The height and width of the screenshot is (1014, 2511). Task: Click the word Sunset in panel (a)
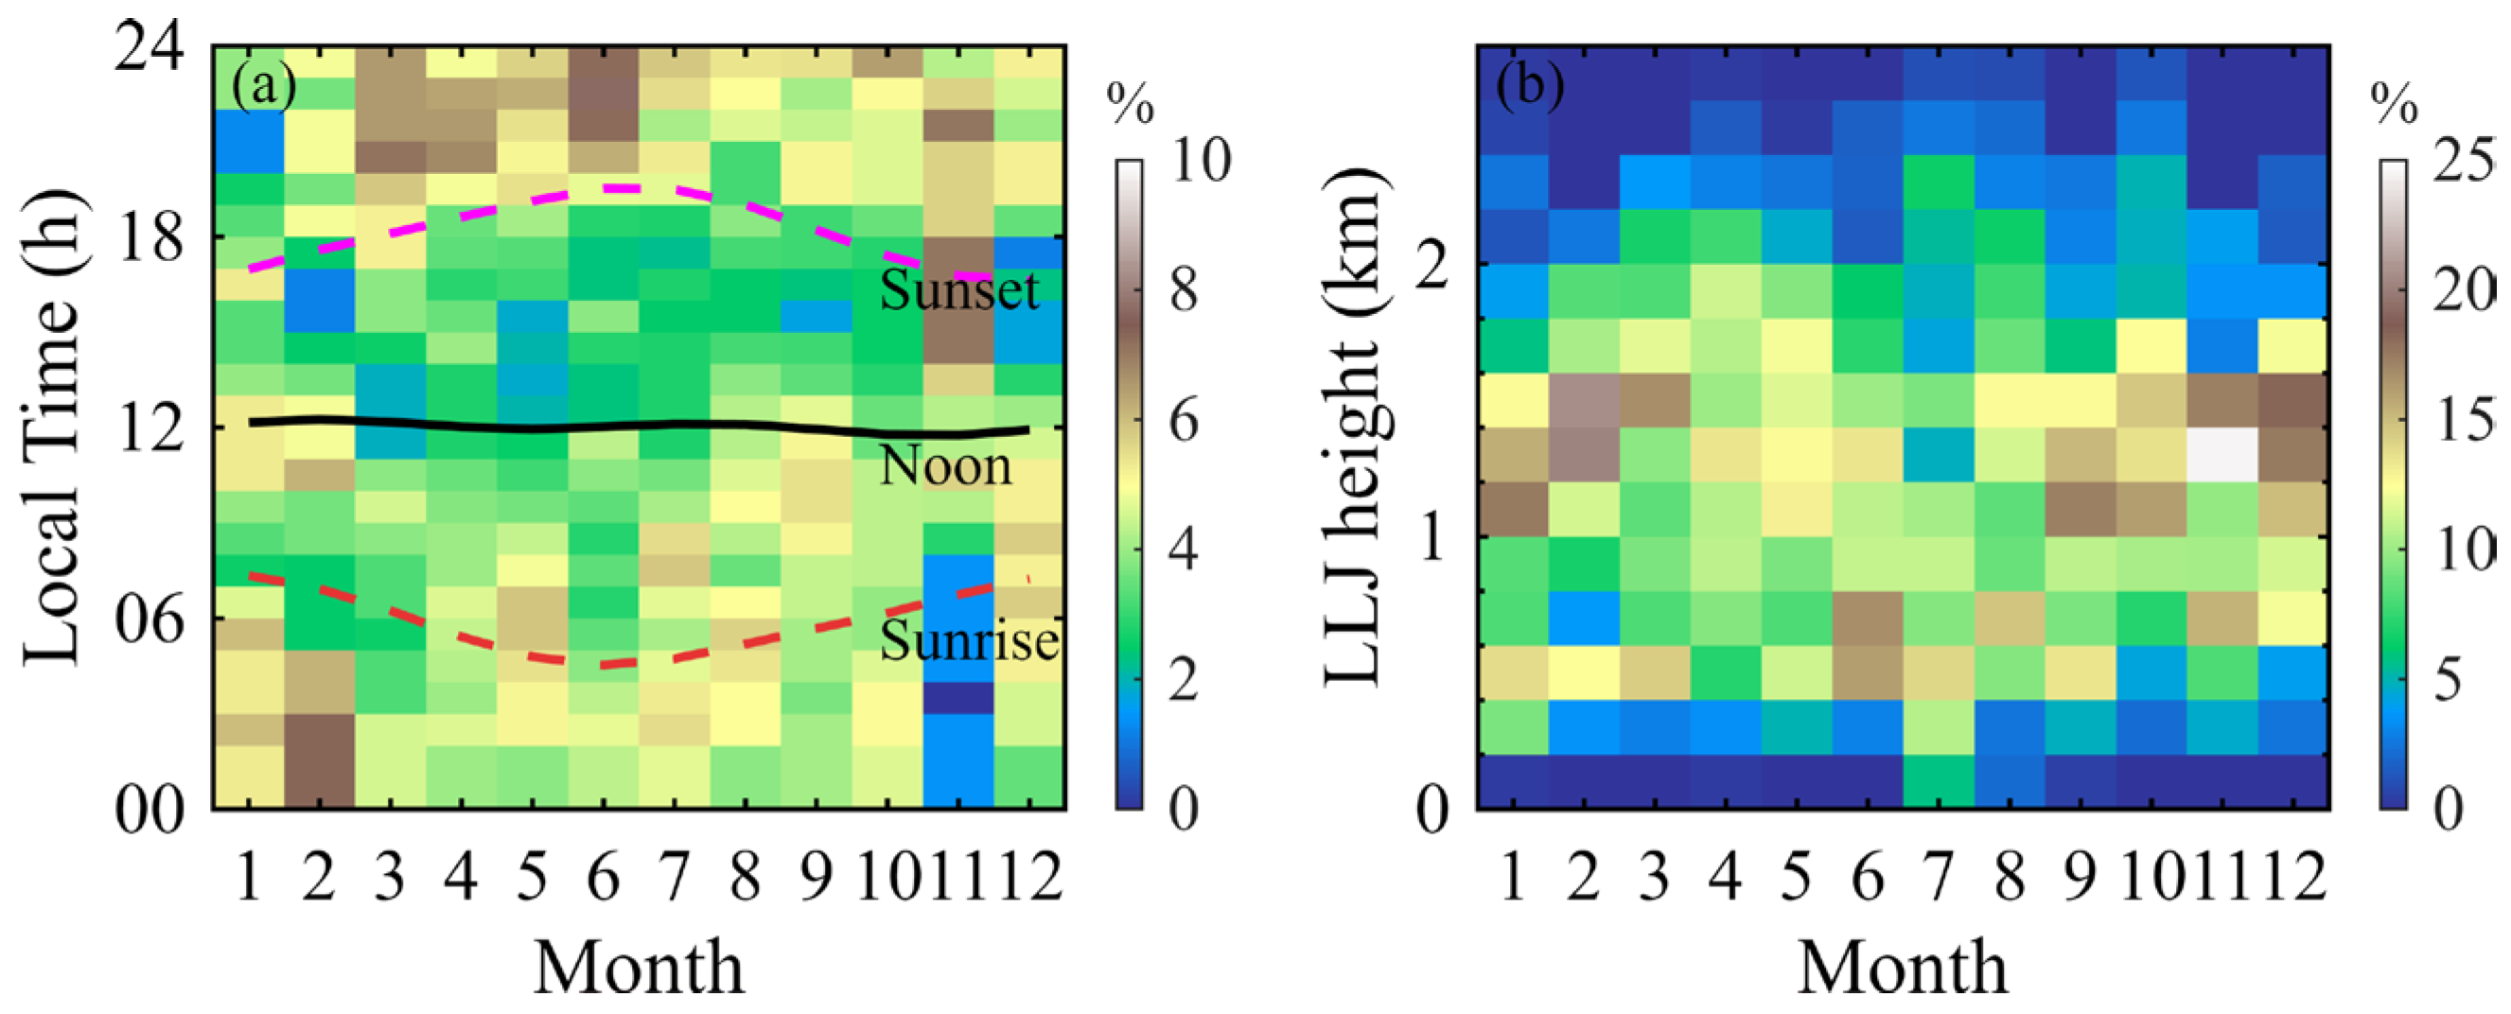tap(959, 289)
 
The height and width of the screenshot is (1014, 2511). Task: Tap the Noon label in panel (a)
tap(945, 466)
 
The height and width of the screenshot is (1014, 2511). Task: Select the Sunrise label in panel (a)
tap(969, 639)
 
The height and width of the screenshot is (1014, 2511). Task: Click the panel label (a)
tap(263, 87)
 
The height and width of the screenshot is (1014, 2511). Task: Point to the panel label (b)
tap(1531, 87)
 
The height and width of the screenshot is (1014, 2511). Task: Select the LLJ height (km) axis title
tap(1355, 426)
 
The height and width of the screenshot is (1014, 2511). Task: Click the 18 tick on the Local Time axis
tap(149, 236)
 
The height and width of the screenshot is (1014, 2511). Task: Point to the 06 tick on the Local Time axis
tap(149, 619)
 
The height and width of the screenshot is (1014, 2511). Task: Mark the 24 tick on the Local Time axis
tap(149, 46)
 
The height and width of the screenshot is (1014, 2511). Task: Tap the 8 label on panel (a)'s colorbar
tap(1185, 289)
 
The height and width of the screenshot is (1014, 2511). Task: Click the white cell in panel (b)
tap(2221, 454)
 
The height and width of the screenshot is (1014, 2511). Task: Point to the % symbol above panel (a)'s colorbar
tap(1130, 103)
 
